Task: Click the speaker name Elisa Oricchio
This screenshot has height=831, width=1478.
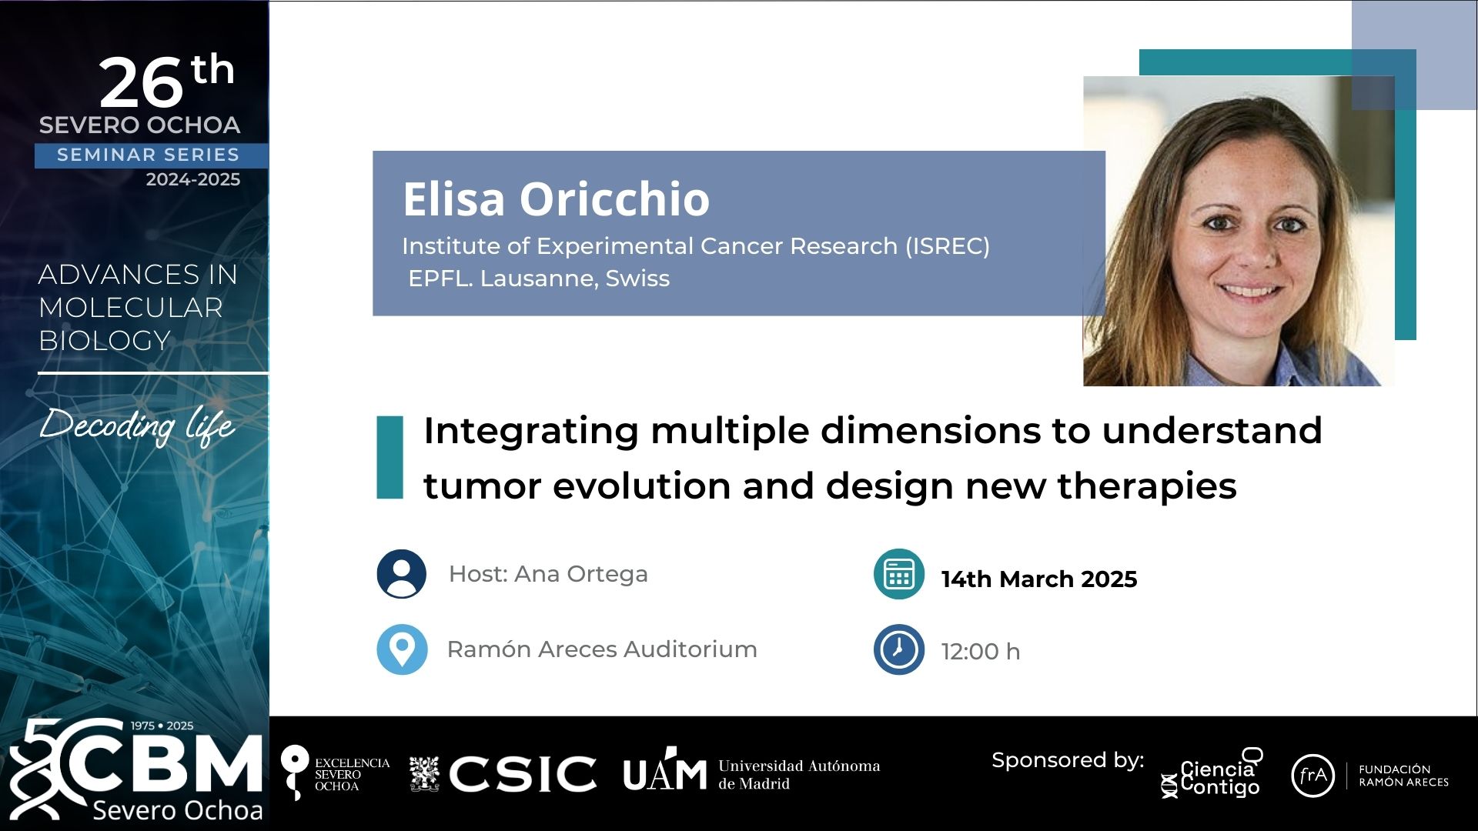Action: (556, 199)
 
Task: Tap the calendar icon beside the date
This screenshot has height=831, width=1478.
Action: (898, 574)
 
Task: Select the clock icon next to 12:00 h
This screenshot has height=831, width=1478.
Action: (898, 649)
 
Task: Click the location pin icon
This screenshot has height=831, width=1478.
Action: (402, 649)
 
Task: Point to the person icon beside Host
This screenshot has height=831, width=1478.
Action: (402, 574)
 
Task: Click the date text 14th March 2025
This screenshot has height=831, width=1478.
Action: (1039, 579)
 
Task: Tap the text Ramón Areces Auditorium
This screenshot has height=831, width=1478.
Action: (602, 649)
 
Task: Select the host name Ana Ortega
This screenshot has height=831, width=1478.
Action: (581, 574)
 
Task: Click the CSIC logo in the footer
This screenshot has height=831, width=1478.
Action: (503, 773)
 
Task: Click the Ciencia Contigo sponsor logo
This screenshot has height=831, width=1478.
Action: (1212, 774)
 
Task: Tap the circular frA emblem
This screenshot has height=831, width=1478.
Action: (1312, 776)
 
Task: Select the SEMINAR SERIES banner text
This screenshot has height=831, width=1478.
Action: (149, 155)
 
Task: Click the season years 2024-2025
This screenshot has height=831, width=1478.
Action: (193, 179)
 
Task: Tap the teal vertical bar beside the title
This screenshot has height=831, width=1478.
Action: (390, 457)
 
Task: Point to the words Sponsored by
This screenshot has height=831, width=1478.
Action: (1068, 761)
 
